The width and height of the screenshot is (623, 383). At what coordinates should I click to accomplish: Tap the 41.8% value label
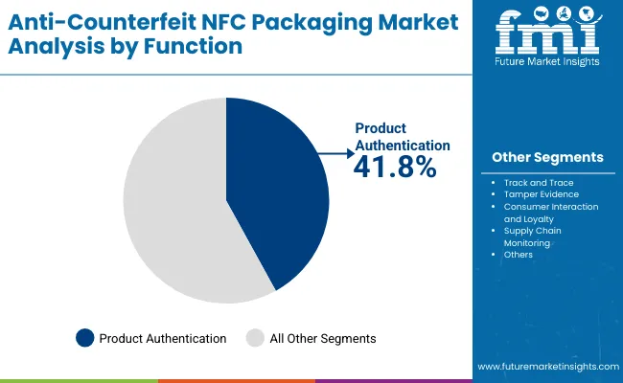point(395,168)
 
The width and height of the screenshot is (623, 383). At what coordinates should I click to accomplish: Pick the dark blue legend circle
point(85,337)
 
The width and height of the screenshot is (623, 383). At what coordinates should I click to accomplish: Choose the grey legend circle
point(255,337)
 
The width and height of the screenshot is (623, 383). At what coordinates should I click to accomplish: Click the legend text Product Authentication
point(163,338)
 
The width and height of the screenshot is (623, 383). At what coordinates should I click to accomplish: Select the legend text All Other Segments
point(323,338)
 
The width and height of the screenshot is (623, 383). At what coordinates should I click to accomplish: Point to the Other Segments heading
point(547,157)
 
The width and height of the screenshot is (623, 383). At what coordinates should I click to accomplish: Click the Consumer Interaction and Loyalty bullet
point(551,212)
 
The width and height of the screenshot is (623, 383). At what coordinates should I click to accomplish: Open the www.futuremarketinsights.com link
point(546,367)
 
